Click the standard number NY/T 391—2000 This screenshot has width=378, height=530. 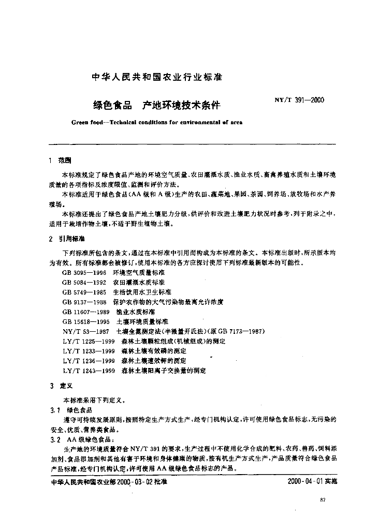tap(299, 100)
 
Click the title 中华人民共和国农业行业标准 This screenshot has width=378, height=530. tap(156, 78)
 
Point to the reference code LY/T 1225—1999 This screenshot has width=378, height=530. tap(89, 341)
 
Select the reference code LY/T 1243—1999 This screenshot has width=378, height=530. tap(89, 371)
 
